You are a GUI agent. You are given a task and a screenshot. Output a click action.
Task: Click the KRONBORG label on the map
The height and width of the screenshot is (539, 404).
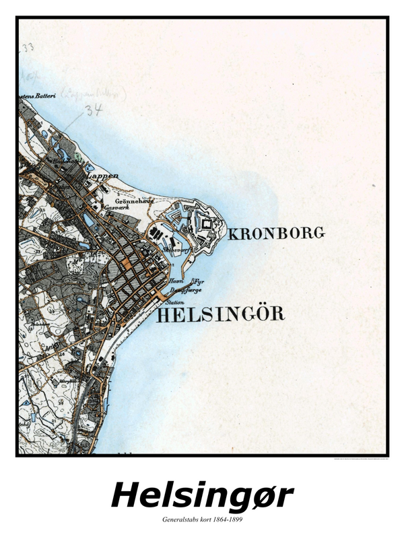[x=277, y=233]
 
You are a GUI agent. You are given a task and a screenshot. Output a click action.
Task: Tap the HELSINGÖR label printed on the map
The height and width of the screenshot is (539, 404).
[x=221, y=314]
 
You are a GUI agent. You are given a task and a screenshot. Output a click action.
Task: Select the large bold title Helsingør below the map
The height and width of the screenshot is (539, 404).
[x=202, y=496]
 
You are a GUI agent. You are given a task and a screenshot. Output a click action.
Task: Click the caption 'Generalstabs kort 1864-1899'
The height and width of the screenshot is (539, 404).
[x=202, y=520]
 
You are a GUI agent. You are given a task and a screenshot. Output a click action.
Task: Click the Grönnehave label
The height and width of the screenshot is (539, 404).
[x=134, y=201]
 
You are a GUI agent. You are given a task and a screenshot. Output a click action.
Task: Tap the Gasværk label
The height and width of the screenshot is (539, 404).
[x=116, y=209]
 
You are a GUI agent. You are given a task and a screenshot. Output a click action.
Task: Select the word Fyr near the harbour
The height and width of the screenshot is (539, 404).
[x=197, y=281]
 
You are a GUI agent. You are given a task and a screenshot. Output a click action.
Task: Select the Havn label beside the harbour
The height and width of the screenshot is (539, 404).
[x=177, y=281]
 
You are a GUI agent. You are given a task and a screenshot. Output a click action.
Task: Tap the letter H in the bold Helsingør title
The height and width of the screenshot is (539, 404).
[x=125, y=496]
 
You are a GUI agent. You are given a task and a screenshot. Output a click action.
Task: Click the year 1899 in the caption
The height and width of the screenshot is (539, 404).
[x=233, y=520]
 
